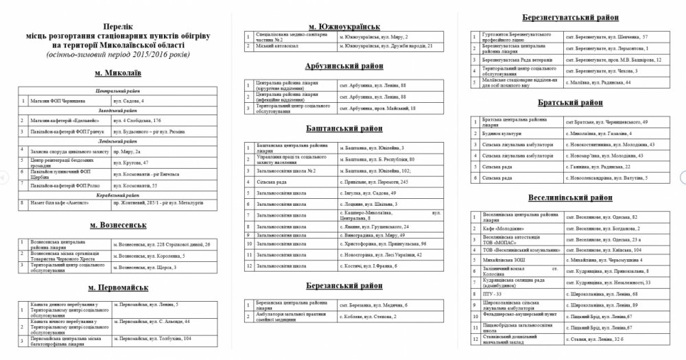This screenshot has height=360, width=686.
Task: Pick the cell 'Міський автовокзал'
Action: tap(274, 46)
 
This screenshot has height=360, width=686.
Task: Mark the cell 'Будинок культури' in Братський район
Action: tap(501, 132)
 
